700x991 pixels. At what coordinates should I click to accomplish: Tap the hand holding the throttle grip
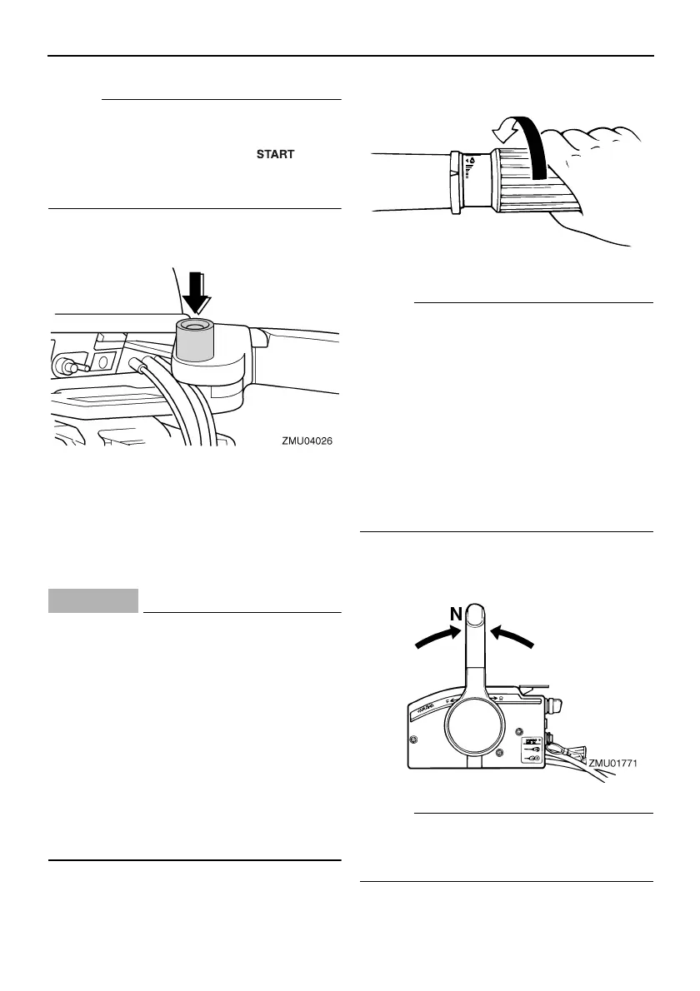point(596,183)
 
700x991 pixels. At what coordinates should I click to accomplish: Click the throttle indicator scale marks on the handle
point(472,170)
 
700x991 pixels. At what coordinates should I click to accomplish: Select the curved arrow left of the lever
point(435,637)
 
